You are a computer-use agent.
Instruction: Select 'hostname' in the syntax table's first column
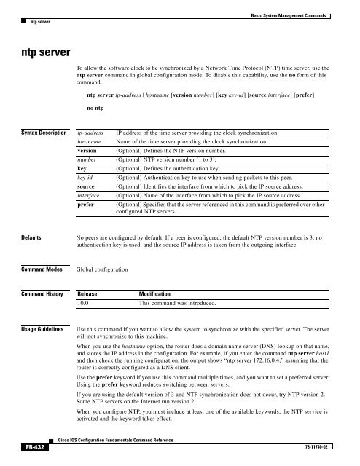point(90,145)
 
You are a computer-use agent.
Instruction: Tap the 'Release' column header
point(90,294)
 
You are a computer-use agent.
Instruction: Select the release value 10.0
point(85,305)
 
